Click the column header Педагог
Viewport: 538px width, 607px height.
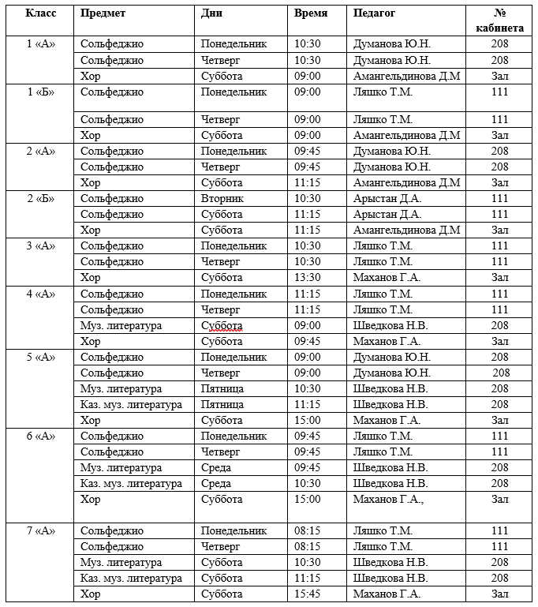pyautogui.click(x=375, y=13)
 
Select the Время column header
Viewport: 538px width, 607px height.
pyautogui.click(x=311, y=13)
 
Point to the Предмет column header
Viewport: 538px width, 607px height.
pyautogui.click(x=103, y=13)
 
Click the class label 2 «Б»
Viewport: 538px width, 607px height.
pyautogui.click(x=41, y=198)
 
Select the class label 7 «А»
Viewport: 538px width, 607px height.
pyautogui.click(x=41, y=530)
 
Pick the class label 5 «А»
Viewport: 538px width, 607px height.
pyautogui.click(x=41, y=357)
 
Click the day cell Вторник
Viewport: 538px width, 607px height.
pyautogui.click(x=222, y=198)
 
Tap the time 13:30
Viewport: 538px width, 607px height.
pyautogui.click(x=308, y=277)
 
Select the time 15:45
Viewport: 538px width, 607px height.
pyautogui.click(x=308, y=594)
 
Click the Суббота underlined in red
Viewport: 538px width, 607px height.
pyautogui.click(x=222, y=325)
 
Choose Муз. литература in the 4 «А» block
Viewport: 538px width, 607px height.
pyautogui.click(x=121, y=325)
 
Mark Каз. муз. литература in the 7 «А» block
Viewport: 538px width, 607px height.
pyautogui.click(x=131, y=578)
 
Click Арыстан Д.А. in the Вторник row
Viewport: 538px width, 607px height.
pyautogui.click(x=388, y=198)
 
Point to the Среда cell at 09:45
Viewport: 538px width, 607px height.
pyautogui.click(x=216, y=467)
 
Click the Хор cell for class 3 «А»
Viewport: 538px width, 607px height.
pyautogui.click(x=91, y=277)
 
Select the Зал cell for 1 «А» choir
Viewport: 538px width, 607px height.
pyautogui.click(x=499, y=76)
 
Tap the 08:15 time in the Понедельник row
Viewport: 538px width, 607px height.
pyautogui.click(x=308, y=530)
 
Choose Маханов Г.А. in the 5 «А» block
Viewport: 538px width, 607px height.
pyautogui.click(x=387, y=420)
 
